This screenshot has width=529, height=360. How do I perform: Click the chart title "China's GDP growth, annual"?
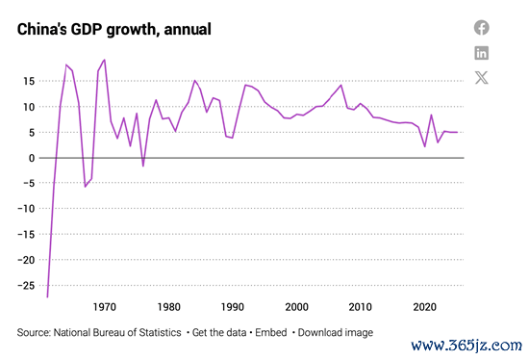(x=114, y=30)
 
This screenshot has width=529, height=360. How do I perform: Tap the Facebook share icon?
(x=482, y=28)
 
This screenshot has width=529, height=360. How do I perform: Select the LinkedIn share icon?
(x=482, y=53)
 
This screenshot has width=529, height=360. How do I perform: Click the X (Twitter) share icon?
(x=482, y=78)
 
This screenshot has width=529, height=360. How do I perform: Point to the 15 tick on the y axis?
(x=29, y=81)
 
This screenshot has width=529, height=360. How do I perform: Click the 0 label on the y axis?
(x=32, y=158)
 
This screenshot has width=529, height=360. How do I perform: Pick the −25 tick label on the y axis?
(x=26, y=286)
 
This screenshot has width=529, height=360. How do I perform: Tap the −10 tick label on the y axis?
(x=26, y=209)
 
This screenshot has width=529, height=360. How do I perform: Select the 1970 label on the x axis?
(x=105, y=307)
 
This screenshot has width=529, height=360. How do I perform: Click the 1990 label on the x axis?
(x=233, y=307)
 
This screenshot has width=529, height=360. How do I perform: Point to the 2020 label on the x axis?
(x=425, y=307)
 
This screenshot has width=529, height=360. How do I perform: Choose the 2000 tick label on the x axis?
(x=296, y=307)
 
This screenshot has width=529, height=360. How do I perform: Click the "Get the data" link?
(x=219, y=333)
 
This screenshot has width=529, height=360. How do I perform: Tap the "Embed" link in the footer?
(x=271, y=333)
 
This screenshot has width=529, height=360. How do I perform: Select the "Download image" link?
(x=336, y=333)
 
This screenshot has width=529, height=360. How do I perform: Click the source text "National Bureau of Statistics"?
(x=117, y=333)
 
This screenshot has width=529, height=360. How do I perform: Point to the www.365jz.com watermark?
(x=466, y=346)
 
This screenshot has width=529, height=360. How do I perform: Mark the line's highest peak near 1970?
(x=105, y=60)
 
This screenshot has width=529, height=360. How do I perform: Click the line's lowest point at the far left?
(x=47, y=296)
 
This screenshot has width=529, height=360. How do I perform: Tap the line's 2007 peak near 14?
(x=341, y=85)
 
